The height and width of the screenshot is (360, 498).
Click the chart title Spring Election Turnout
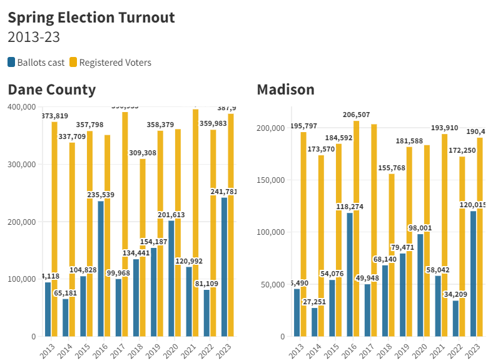tap(91, 17)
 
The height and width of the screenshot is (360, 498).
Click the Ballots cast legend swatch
tap(11, 62)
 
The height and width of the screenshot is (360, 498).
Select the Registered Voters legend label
tap(115, 62)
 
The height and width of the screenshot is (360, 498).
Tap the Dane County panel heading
tap(52, 90)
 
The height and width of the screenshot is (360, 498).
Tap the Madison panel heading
tap(286, 90)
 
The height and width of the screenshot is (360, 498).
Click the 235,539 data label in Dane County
tap(99, 195)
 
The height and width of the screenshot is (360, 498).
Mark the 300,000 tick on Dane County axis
tap(21, 164)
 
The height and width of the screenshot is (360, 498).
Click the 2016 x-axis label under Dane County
tap(99, 348)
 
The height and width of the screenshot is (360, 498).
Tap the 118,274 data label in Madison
tap(349, 207)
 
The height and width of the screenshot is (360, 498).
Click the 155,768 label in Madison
tap(392, 168)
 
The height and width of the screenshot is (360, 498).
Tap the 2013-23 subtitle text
tap(34, 37)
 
